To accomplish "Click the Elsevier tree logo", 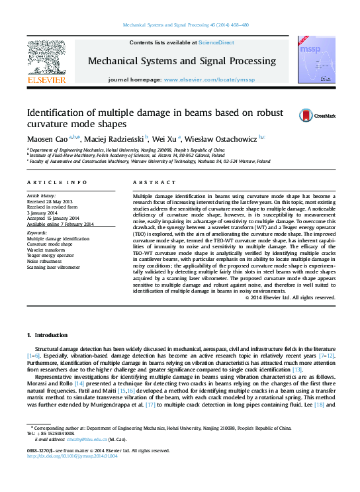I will tap(46, 58).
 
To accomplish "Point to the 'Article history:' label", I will tap(42, 196).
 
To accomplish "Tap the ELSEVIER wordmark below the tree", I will tap(46, 79).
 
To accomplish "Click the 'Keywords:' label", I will tap(37, 233).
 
